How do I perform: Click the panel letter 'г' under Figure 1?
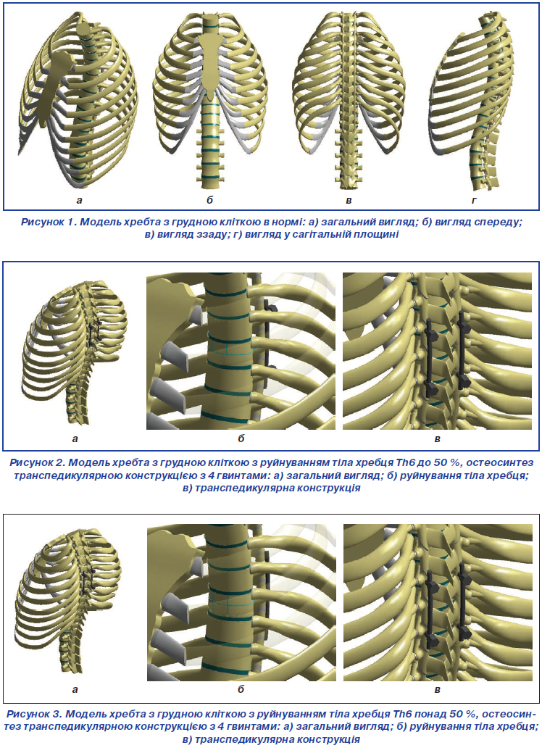pyautogui.click(x=475, y=200)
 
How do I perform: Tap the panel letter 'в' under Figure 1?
pyautogui.click(x=349, y=200)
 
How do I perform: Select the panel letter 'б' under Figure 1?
pyautogui.click(x=210, y=199)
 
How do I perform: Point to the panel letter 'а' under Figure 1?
pyautogui.click(x=79, y=200)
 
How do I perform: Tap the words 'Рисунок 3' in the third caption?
pyautogui.click(x=34, y=714)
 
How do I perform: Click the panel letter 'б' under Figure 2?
pyautogui.click(x=241, y=438)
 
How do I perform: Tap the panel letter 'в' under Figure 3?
pyautogui.click(x=438, y=690)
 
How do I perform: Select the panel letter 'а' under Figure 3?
pyautogui.click(x=75, y=690)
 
